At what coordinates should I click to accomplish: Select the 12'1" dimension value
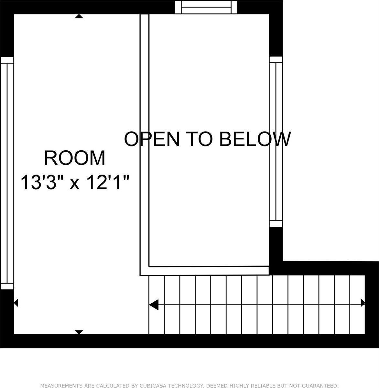(107, 182)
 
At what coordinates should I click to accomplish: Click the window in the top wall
(206, 7)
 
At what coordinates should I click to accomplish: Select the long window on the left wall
(7, 173)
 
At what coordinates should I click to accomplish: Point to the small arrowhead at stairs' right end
(363, 303)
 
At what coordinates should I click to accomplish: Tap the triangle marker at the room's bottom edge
(79, 332)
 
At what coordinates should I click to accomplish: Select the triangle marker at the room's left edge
(16, 303)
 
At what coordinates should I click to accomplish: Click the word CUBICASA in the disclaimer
(153, 385)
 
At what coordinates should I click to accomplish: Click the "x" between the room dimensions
(75, 184)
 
